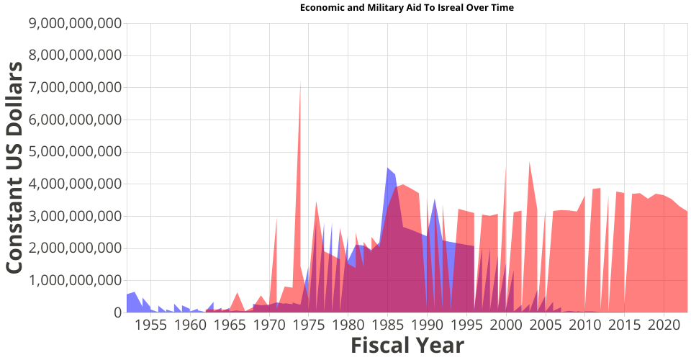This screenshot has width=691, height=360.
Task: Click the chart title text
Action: click(x=407, y=8)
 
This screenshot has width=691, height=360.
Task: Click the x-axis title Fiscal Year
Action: click(x=407, y=346)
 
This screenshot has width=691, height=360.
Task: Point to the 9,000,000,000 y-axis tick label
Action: click(x=74, y=23)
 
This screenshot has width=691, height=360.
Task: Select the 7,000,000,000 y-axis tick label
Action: click(x=74, y=87)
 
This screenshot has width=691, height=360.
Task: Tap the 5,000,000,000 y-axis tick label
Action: click(x=74, y=152)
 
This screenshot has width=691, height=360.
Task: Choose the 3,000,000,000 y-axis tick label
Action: click(x=74, y=216)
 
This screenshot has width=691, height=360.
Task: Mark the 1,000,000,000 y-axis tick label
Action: click(x=74, y=280)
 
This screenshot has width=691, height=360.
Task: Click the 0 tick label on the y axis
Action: click(x=116, y=312)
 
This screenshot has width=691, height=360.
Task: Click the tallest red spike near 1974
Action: click(x=300, y=85)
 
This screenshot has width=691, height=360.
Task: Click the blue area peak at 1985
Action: click(x=388, y=168)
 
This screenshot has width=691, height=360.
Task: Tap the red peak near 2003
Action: click(x=529, y=163)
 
